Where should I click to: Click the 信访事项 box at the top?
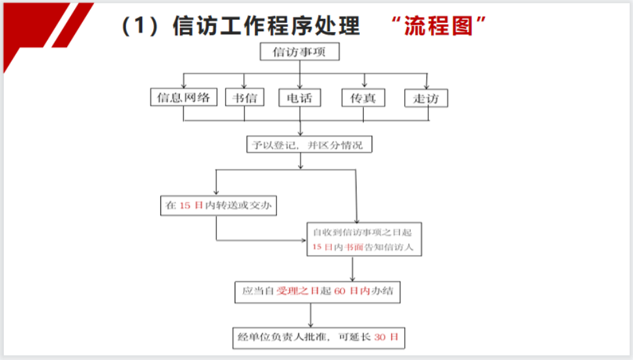[299, 52]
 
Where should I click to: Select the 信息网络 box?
[184, 97]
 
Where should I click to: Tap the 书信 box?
[244, 97]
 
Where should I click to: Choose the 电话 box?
[299, 98]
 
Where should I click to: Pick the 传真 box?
[363, 98]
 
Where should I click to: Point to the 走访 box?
[426, 98]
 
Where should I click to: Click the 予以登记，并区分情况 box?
[309, 144]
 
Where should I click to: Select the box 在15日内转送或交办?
[218, 205]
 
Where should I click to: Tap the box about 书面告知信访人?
[364, 239]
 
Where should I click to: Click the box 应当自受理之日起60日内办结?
[317, 292]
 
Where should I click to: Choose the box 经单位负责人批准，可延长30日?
[319, 338]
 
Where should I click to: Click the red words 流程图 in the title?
[439, 26]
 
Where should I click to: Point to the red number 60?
[340, 291]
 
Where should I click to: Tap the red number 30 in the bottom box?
[380, 337]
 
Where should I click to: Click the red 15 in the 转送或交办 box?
[185, 205]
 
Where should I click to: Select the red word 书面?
[354, 247]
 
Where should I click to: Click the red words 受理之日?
[298, 291]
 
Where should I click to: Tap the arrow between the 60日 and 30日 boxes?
[310, 315]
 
